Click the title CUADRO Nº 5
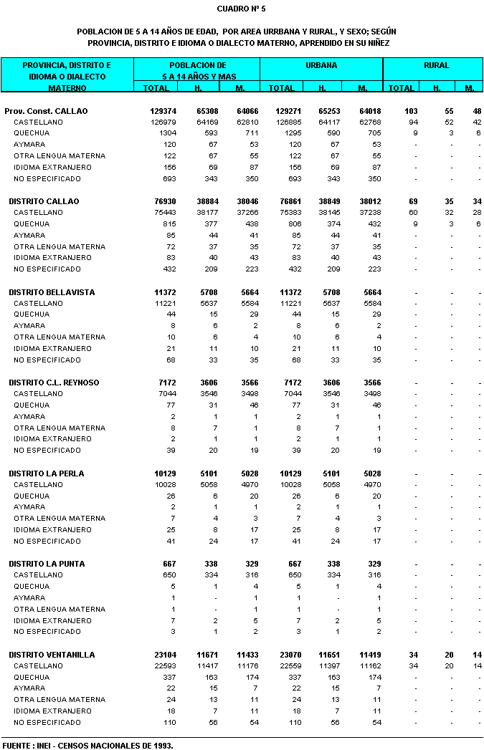pyautogui.click(x=241, y=9)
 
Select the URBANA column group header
pyautogui.click(x=321, y=65)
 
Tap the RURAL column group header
pyautogui.click(x=436, y=65)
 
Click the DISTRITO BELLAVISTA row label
pyautogui.click(x=52, y=292)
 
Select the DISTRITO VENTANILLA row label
pyautogui.click(x=53, y=655)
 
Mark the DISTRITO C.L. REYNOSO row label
pyautogui.click(x=54, y=383)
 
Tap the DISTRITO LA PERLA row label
pyautogui.click(x=47, y=473)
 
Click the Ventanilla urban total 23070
pyautogui.click(x=285, y=655)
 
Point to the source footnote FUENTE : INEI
pyautogui.click(x=87, y=745)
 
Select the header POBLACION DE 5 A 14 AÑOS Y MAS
pyautogui.click(x=198, y=70)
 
